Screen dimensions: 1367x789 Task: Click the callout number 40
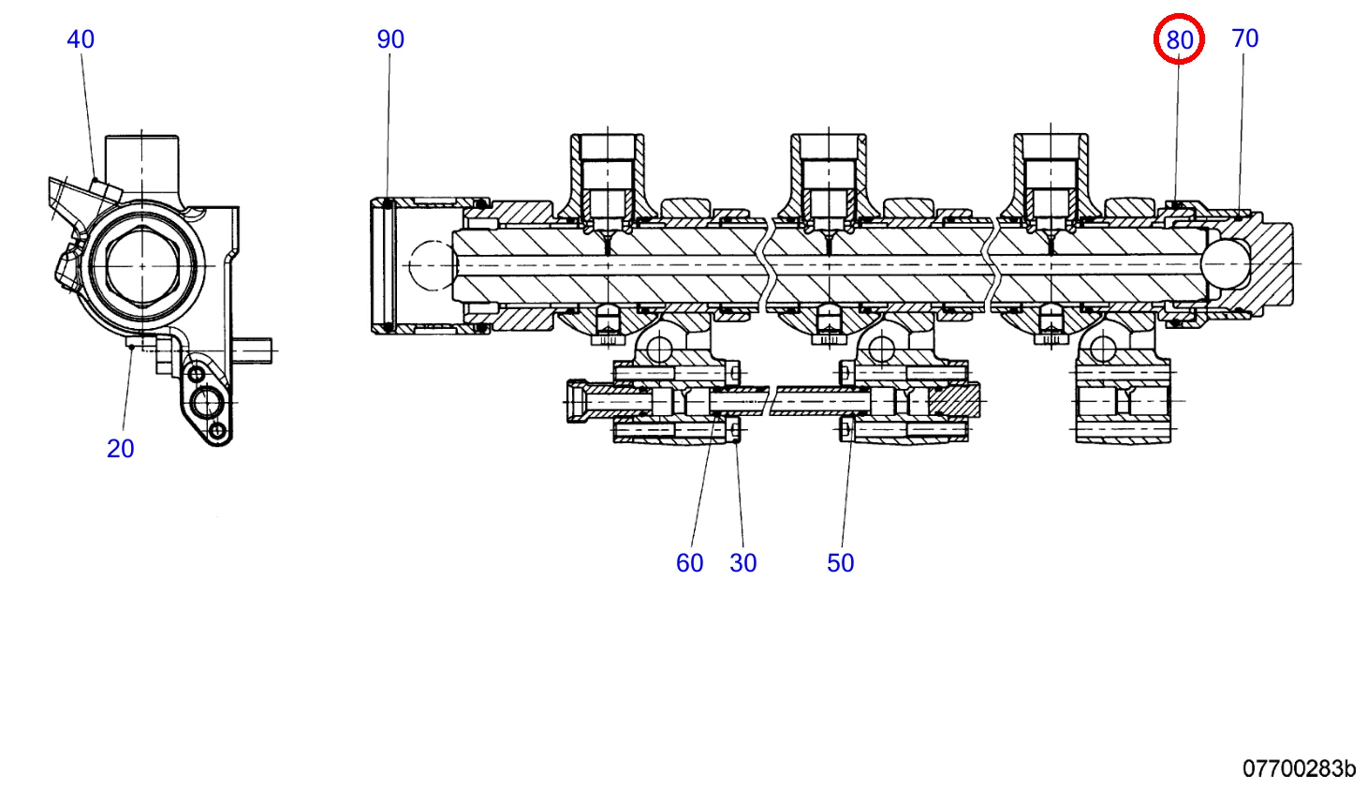click(x=81, y=39)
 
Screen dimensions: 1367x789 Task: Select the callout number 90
click(x=390, y=39)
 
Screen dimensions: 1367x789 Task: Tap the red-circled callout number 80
click(x=1179, y=40)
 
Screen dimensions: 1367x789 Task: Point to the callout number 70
click(x=1245, y=38)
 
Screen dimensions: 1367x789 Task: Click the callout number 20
click(x=120, y=449)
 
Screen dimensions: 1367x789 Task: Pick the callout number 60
click(x=690, y=563)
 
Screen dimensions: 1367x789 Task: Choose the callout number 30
click(x=743, y=563)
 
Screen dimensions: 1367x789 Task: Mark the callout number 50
click(x=841, y=563)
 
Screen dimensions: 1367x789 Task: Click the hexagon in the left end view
click(x=142, y=265)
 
